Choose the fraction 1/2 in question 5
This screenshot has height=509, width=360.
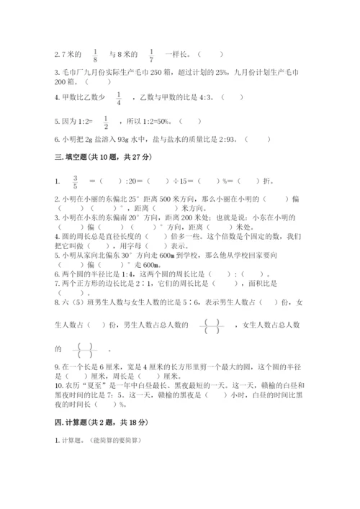click(106, 122)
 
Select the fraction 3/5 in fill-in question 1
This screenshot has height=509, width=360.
click(75, 181)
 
